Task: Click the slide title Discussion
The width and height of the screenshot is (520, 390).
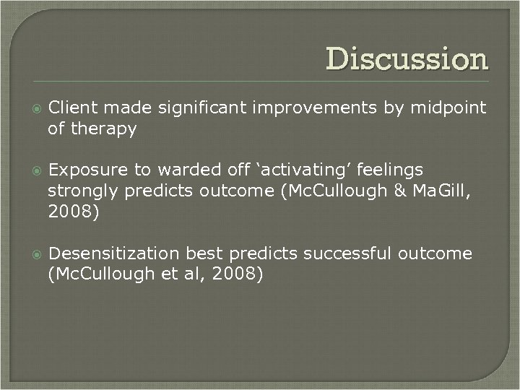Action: [407, 59]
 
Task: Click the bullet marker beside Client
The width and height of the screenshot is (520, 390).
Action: [32, 108]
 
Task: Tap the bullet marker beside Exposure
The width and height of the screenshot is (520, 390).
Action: [32, 171]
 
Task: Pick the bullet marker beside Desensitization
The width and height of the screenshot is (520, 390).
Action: [32, 254]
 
